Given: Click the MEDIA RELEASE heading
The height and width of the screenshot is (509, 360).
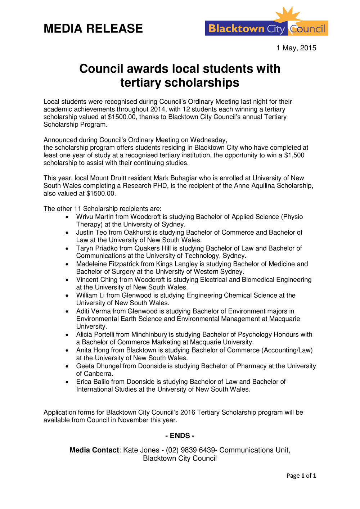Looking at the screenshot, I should tap(93, 28).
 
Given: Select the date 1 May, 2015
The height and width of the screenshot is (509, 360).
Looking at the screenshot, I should tap(296, 48).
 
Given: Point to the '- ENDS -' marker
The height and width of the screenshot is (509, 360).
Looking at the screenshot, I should tap(180, 436).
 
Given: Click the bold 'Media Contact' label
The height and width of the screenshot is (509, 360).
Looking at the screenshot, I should tap(94, 450).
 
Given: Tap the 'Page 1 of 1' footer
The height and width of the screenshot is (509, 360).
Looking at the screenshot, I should tap(301, 476).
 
